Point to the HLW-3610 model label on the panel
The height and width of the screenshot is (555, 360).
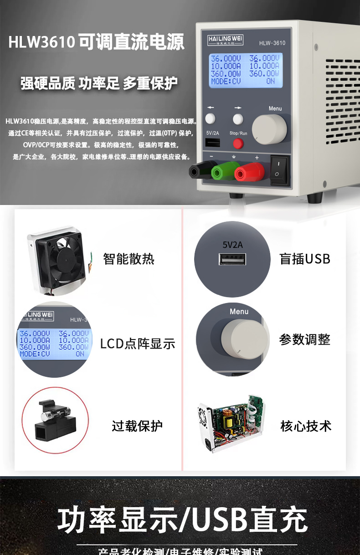point(272,43)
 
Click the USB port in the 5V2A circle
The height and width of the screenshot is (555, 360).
point(232,260)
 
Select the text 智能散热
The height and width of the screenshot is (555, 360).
point(129,259)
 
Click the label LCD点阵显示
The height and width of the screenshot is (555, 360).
point(138,344)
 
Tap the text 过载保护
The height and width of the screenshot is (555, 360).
point(137,426)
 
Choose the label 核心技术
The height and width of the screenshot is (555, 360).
point(306,426)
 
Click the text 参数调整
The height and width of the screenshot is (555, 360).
point(305,339)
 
